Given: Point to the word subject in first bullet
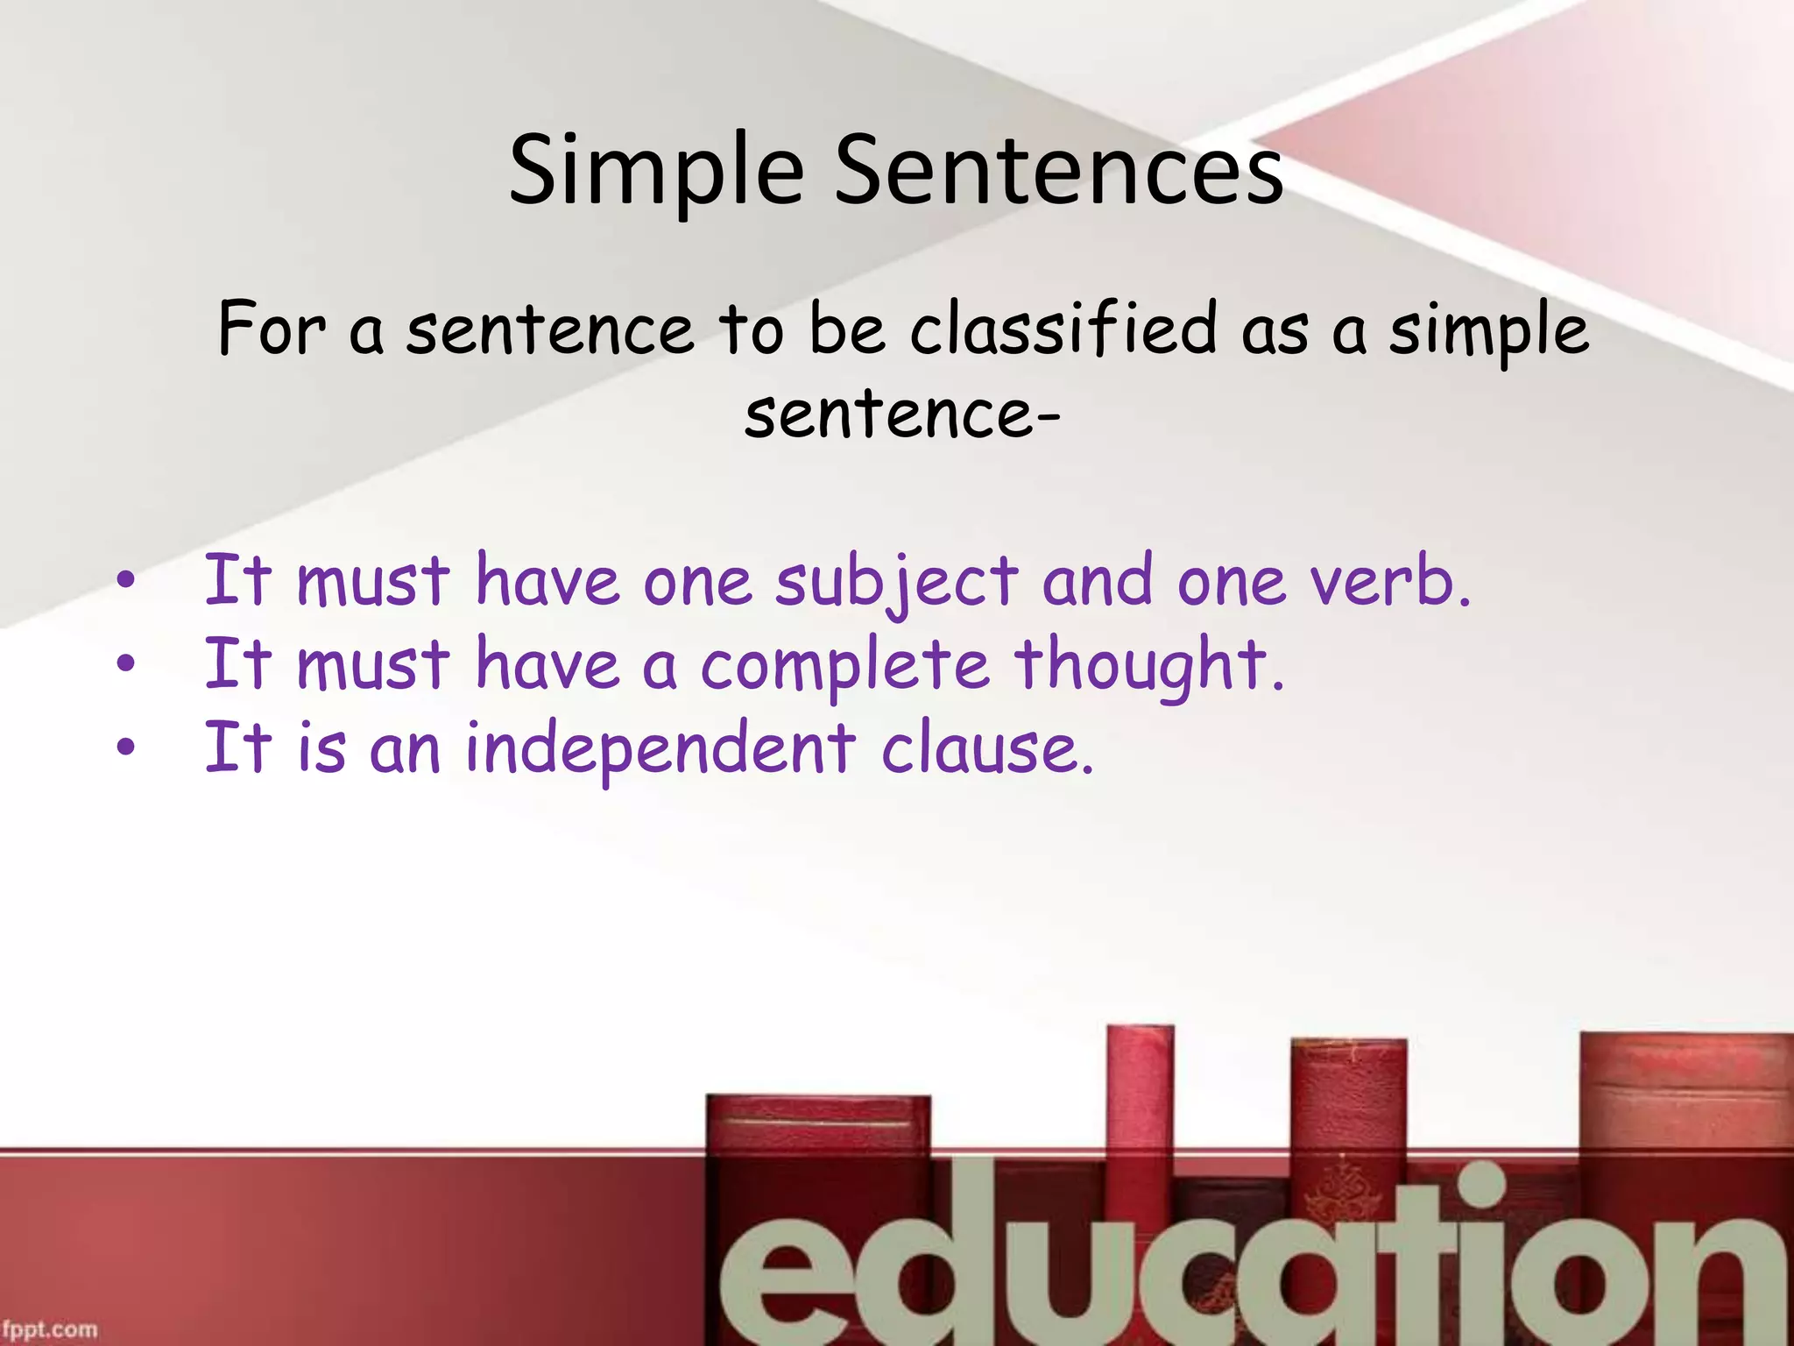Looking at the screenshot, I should (x=896, y=583).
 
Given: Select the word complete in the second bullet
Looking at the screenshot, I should (x=844, y=666).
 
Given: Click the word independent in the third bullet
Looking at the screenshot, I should (x=660, y=749).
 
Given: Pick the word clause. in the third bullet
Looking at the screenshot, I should (x=987, y=749).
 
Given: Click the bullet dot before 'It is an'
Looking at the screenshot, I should (x=126, y=747).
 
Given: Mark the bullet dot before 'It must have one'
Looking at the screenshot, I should (x=126, y=579).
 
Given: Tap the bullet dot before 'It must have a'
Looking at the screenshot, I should (x=126, y=663).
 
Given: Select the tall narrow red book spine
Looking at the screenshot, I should (x=1139, y=1095).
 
